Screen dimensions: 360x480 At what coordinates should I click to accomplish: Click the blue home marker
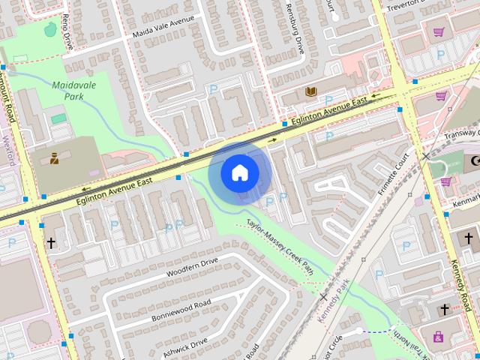pyautogui.click(x=240, y=172)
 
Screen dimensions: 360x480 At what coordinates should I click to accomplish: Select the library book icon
pyautogui.click(x=310, y=92)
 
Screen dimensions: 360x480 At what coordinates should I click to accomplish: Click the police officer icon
pyautogui.click(x=54, y=158)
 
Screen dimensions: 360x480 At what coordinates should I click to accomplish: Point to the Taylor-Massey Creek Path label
pyautogui.click(x=280, y=247)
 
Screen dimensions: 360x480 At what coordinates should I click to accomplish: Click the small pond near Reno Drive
pyautogui.click(x=50, y=29)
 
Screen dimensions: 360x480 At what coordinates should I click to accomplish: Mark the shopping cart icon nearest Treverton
pyautogui.click(x=439, y=31)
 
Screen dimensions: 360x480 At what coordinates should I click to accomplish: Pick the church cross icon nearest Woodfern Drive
pyautogui.click(x=51, y=243)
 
